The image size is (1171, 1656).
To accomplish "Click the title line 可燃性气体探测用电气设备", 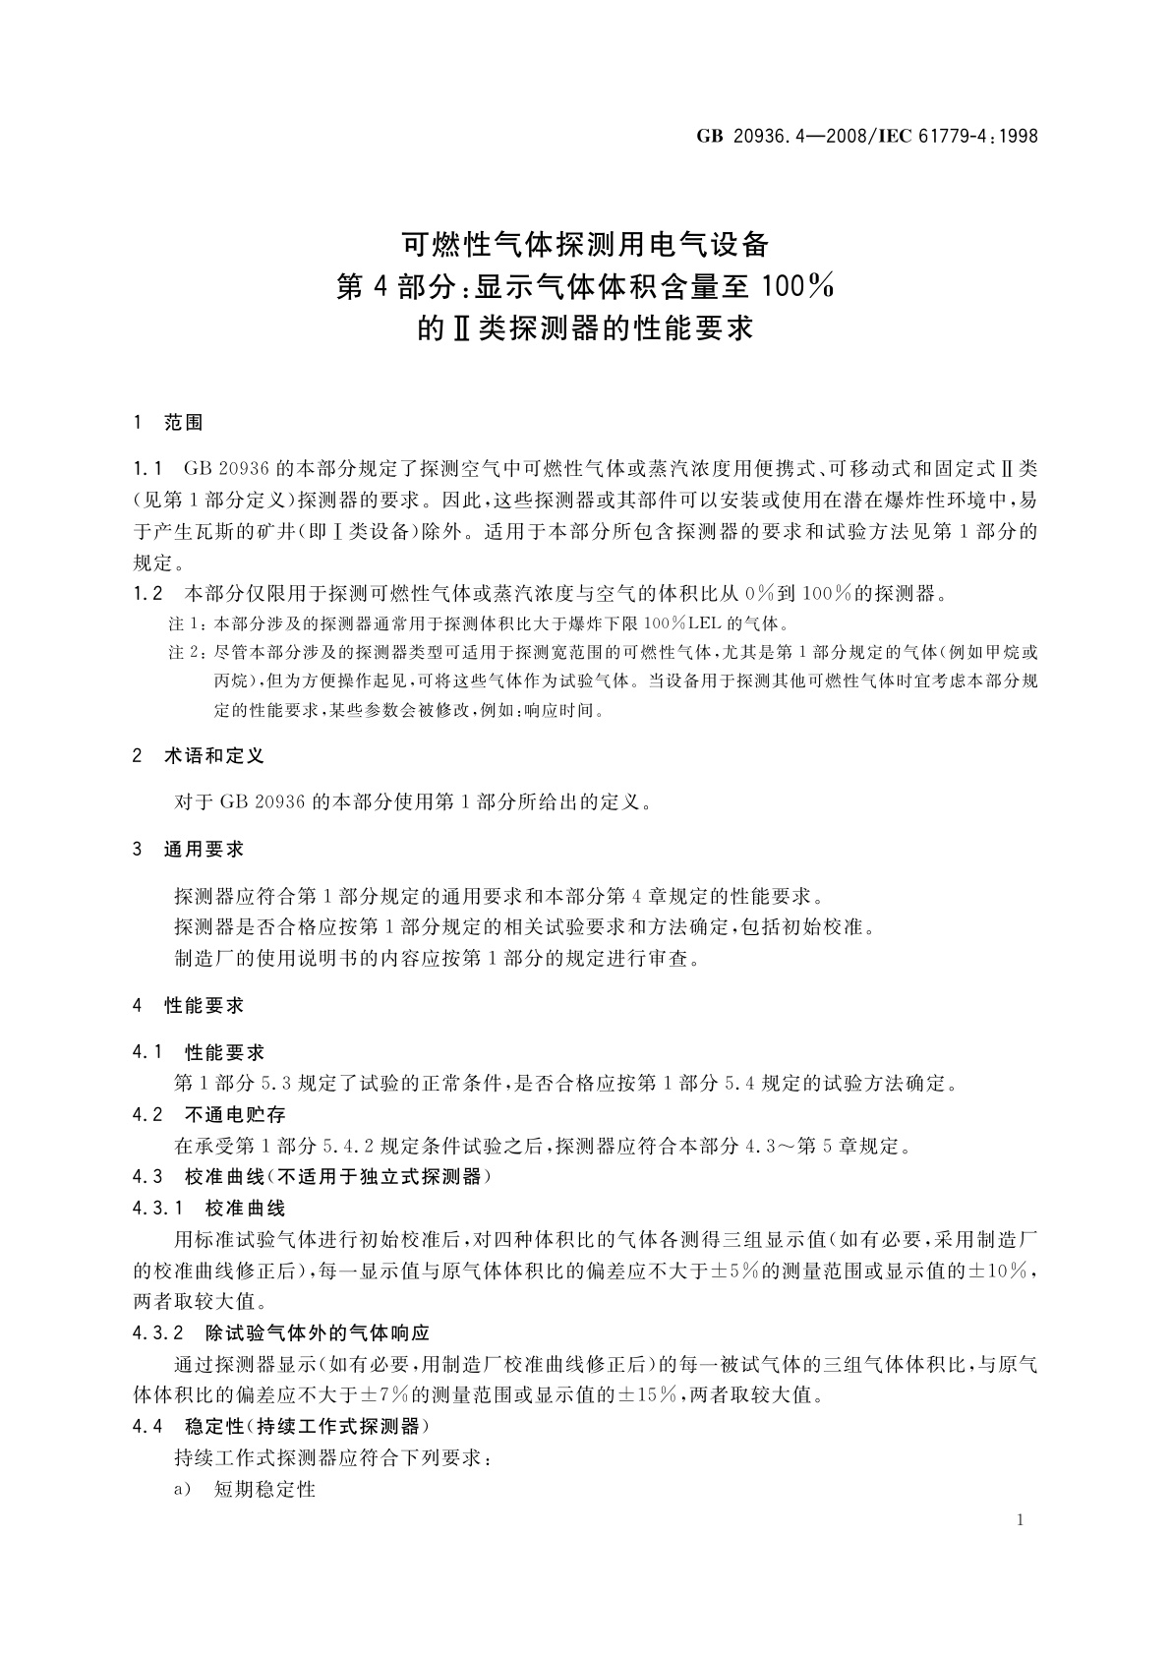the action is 585,244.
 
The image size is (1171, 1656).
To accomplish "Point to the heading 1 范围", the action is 168,423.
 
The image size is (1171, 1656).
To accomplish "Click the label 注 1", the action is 188,624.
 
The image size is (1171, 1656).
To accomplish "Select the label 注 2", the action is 188,653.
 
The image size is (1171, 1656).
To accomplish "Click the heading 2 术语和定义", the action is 199,756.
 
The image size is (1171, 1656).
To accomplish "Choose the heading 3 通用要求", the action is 189,849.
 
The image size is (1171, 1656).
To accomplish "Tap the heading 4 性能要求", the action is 189,1005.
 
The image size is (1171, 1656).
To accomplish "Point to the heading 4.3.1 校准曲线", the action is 209,1208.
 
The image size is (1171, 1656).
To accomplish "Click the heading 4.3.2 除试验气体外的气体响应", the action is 281,1333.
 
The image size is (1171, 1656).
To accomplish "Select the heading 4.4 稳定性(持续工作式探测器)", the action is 281,1426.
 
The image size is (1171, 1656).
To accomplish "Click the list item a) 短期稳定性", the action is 246,1489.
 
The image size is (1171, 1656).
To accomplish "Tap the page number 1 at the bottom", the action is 1021,1520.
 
